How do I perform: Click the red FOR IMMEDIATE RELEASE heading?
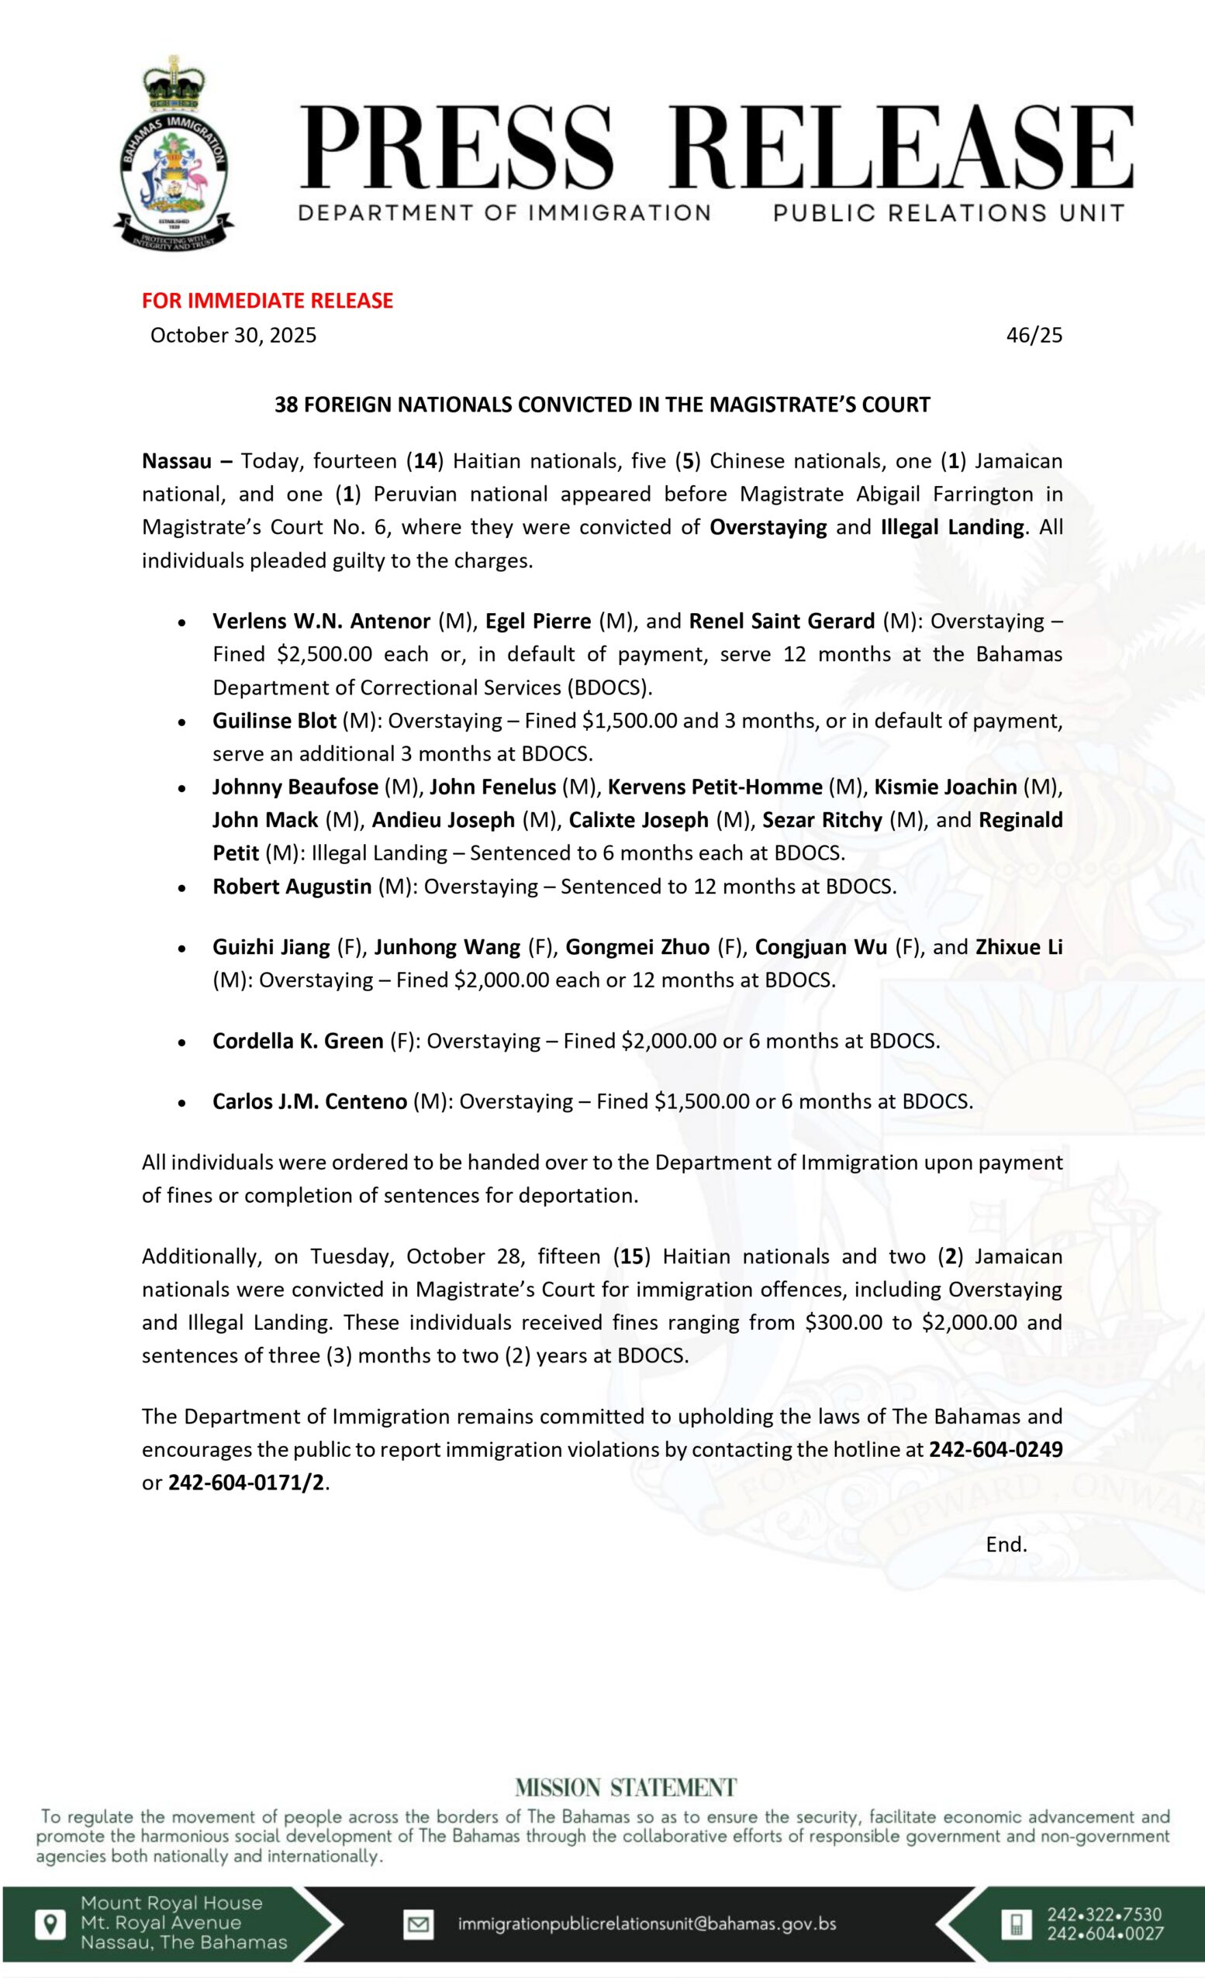tap(268, 301)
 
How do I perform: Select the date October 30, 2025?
tap(233, 335)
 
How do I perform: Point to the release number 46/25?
tap(1034, 335)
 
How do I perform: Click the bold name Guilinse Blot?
tap(274, 721)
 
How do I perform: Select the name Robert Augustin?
tap(292, 887)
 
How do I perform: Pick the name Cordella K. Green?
tap(297, 1041)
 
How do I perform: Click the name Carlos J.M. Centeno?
tap(309, 1101)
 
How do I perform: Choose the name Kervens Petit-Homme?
tap(714, 787)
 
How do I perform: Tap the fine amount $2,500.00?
tap(324, 654)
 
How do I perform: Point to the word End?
tap(1006, 1545)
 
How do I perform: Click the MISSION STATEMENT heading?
tap(625, 1789)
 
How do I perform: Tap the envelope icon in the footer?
tap(418, 1925)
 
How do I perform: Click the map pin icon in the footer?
tap(50, 1924)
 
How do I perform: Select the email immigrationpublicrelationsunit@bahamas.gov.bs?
tap(647, 1924)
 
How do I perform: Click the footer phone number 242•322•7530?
tap(1103, 1915)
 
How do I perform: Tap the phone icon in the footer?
tap(1017, 1924)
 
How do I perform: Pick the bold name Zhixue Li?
tap(1019, 947)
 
